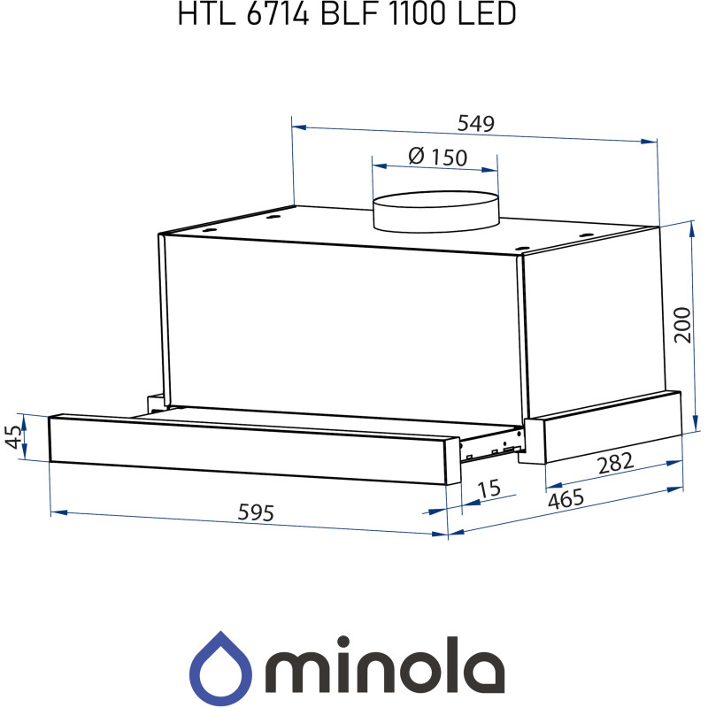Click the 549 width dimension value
[x=475, y=124]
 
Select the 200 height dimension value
[x=681, y=327]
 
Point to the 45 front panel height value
[x=13, y=436]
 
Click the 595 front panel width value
[x=256, y=512]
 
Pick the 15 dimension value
[x=489, y=489]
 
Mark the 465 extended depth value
[x=566, y=500]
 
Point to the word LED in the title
[x=485, y=15]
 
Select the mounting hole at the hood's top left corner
[x=273, y=213]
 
